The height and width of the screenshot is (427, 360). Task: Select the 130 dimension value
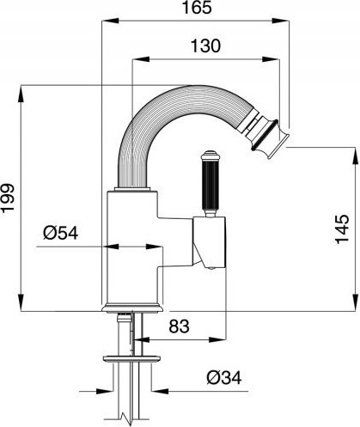205,46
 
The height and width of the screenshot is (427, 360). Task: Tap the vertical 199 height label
8,198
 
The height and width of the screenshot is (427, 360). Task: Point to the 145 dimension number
342,229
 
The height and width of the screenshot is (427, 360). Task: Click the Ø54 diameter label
60,233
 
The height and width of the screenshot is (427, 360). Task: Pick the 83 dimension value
179,326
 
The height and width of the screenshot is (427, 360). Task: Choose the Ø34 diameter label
224,378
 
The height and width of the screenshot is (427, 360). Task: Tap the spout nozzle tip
271,139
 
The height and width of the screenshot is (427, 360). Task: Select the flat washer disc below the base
131,359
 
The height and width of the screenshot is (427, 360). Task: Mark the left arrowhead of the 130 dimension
141,59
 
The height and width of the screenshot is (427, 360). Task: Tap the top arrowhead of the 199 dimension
21,94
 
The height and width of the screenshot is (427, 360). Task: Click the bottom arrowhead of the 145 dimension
357,302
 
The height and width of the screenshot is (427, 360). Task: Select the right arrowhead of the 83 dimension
218,340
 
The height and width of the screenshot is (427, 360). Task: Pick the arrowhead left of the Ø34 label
105,391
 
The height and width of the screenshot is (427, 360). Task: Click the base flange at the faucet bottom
132,308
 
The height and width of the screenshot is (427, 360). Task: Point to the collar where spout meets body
132,189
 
